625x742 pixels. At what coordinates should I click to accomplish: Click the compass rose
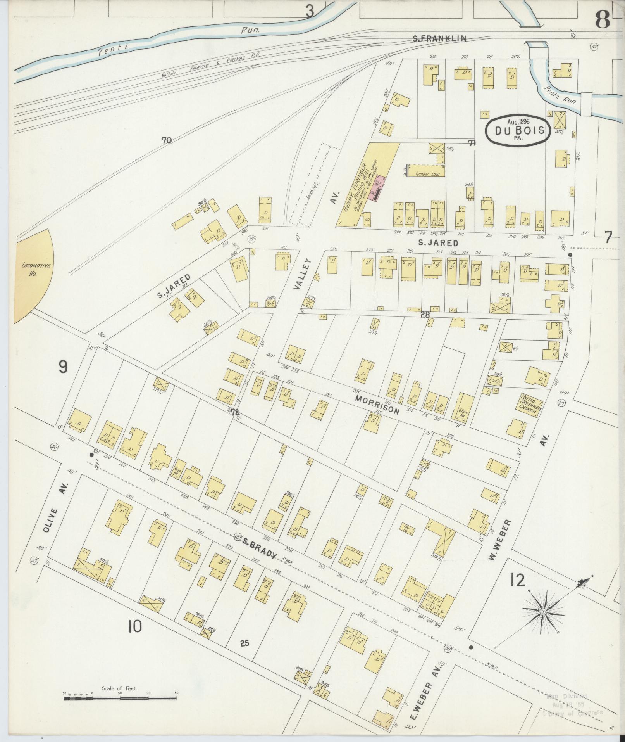point(544,612)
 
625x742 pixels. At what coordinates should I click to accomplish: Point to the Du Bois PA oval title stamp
point(518,130)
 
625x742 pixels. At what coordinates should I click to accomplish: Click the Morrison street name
point(377,405)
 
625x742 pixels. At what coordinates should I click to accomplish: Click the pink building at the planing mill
point(378,189)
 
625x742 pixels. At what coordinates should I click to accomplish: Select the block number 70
point(167,140)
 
